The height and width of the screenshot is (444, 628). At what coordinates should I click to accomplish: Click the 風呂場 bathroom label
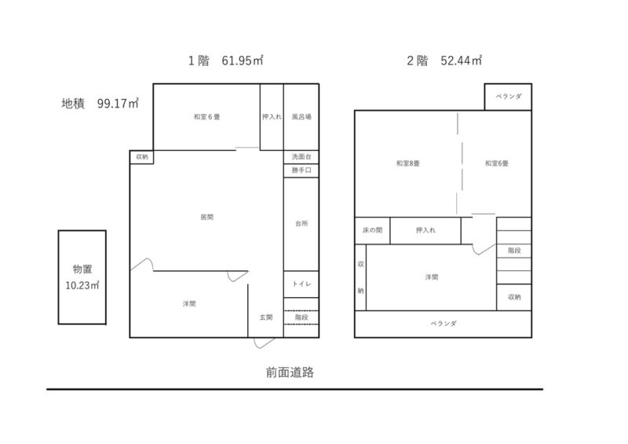click(301, 117)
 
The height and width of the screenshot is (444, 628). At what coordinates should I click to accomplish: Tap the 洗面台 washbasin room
click(301, 157)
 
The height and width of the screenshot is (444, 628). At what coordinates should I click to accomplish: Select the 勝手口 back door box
click(301, 171)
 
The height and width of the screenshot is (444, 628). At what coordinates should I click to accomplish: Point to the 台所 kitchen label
click(301, 223)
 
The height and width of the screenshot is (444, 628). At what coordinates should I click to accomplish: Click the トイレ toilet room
click(301, 284)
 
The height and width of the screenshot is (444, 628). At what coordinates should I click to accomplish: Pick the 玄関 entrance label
click(266, 317)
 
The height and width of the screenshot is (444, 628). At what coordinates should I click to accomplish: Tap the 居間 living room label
click(206, 217)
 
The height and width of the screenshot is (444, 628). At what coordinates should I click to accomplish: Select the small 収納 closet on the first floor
click(142, 157)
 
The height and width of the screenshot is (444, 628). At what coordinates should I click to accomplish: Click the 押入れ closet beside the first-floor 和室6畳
click(272, 117)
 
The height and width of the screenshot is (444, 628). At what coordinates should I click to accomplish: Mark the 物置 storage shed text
click(82, 269)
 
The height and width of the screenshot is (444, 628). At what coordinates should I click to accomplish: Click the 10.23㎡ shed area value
click(82, 285)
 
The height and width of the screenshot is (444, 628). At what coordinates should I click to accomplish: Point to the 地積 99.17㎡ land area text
click(100, 104)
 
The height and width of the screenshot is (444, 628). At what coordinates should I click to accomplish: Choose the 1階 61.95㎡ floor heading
click(225, 61)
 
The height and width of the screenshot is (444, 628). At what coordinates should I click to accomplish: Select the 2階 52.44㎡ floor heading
click(444, 61)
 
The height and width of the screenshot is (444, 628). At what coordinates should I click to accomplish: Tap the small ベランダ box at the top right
click(508, 97)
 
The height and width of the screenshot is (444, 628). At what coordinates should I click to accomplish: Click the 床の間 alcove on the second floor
click(372, 230)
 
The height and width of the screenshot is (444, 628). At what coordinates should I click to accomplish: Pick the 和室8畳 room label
click(407, 163)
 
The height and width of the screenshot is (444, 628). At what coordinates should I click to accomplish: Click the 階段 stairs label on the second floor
click(514, 250)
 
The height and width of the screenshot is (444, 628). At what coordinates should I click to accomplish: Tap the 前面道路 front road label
click(290, 372)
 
